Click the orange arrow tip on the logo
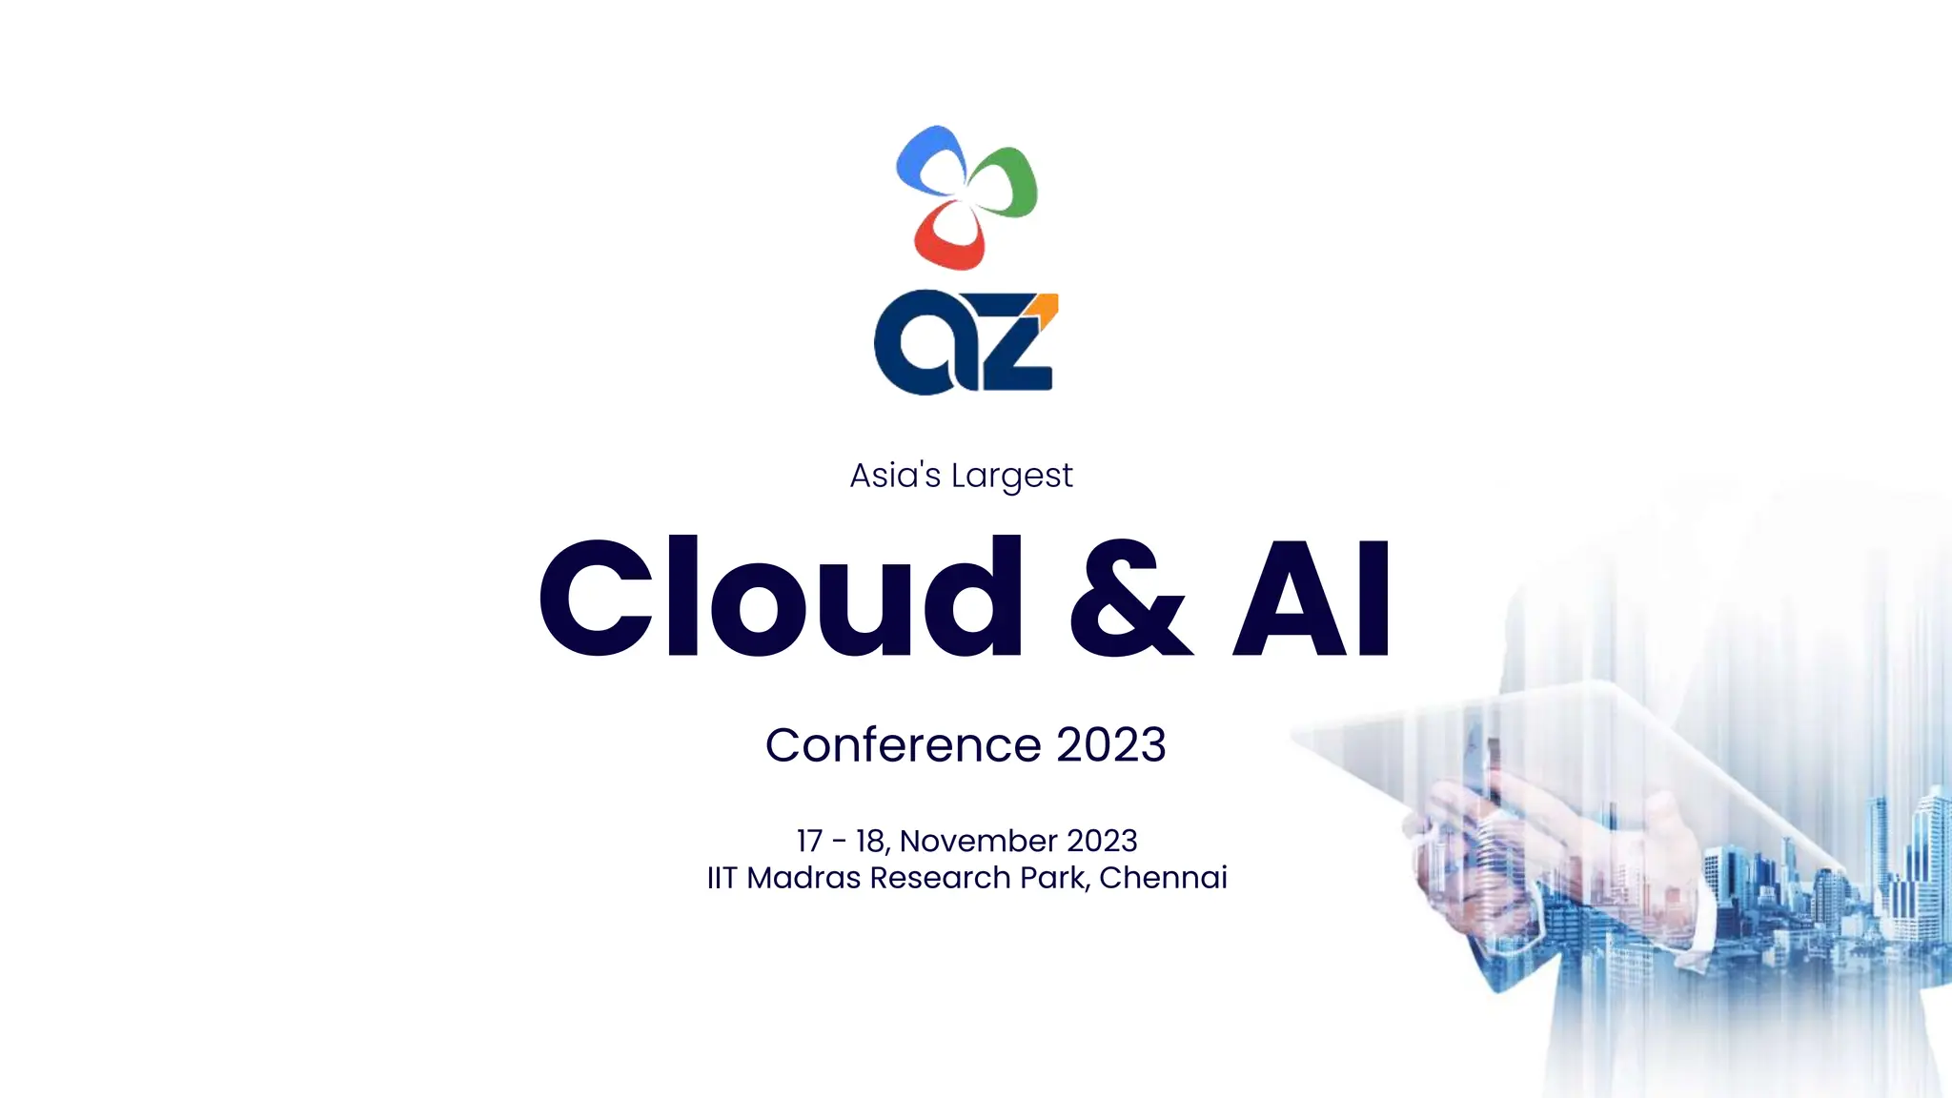(1046, 307)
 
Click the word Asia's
(895, 475)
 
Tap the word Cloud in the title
(780, 598)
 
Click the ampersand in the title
(1129, 598)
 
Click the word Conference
(903, 744)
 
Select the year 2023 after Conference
(1111, 744)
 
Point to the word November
(978, 841)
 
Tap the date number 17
(809, 841)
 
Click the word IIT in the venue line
(722, 878)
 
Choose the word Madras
(803, 878)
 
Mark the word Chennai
(1163, 878)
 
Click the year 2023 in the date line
(1102, 841)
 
